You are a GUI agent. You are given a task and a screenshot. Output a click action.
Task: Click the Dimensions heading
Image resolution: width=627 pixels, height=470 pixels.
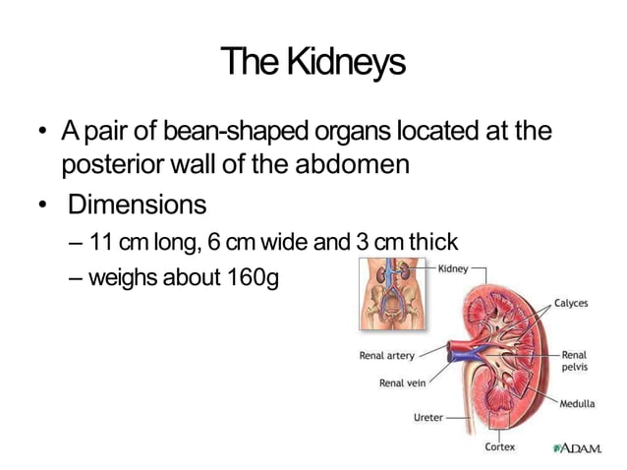click(137, 206)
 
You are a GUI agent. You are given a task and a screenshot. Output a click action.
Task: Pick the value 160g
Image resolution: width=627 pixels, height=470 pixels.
click(254, 277)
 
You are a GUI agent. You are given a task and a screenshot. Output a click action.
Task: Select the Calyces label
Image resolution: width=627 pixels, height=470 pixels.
click(571, 303)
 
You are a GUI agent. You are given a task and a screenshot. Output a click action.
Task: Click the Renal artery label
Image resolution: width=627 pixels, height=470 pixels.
click(386, 355)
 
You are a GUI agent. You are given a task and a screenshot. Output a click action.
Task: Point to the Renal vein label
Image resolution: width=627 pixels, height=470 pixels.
click(403, 382)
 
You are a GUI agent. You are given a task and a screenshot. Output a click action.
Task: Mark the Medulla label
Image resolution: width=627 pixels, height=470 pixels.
click(578, 403)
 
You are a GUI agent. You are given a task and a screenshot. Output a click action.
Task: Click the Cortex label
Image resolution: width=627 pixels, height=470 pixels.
click(500, 447)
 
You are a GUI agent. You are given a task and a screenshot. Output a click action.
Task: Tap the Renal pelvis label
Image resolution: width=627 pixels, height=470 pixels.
click(574, 361)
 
